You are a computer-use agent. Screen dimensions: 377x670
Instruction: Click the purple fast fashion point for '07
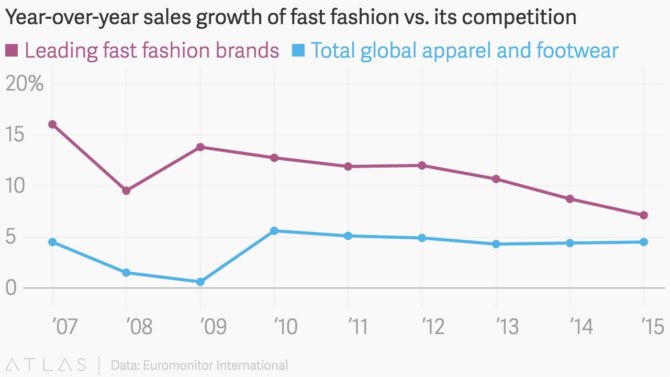(x=52, y=125)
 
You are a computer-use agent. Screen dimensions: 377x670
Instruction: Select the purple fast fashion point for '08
(x=126, y=191)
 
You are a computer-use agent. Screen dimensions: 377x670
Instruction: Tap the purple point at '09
(x=200, y=147)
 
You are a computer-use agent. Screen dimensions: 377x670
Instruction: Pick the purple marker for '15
(x=644, y=215)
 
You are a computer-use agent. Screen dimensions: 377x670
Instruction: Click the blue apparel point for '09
(x=200, y=282)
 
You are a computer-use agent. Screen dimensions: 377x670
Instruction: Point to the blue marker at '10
(x=274, y=231)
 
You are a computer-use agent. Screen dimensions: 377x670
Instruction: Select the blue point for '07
(x=52, y=242)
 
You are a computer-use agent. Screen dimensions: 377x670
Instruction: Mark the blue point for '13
(x=496, y=244)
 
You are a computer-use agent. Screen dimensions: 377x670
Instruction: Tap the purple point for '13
(x=496, y=179)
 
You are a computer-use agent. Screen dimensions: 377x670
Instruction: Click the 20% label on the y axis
(x=25, y=84)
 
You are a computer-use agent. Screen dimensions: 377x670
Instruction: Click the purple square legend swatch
(x=12, y=51)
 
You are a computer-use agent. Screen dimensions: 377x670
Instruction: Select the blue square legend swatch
(x=298, y=51)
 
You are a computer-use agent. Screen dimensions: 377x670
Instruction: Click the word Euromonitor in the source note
(x=183, y=365)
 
